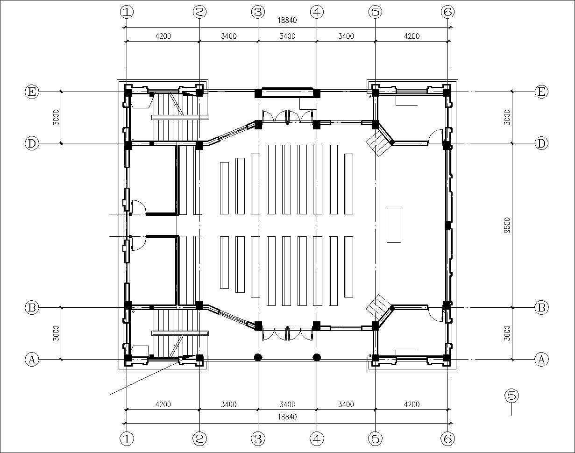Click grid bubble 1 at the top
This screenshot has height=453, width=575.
click(127, 12)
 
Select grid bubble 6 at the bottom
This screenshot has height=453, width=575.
click(447, 439)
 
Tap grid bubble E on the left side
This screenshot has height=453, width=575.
click(31, 92)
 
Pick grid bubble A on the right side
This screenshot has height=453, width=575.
click(541, 359)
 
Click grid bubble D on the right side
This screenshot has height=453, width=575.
click(541, 143)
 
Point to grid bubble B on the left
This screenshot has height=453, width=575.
click(31, 308)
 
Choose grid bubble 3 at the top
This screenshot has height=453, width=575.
click(258, 12)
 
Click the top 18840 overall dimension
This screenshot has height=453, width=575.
click(287, 21)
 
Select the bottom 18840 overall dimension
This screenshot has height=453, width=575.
click(287, 417)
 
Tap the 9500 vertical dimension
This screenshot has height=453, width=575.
click(508, 225)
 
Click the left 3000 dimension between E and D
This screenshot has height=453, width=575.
click(56, 117)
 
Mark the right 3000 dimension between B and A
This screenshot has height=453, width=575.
click(508, 333)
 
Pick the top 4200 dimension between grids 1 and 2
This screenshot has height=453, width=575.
click(163, 36)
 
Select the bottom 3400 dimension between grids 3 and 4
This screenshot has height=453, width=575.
click(287, 404)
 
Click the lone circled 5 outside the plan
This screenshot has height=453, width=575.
click(511, 396)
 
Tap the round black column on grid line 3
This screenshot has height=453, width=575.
click(258, 358)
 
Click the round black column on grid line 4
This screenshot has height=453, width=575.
click(317, 358)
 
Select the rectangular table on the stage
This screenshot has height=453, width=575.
click(394, 225)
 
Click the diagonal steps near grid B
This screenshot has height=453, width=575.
click(378, 307)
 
